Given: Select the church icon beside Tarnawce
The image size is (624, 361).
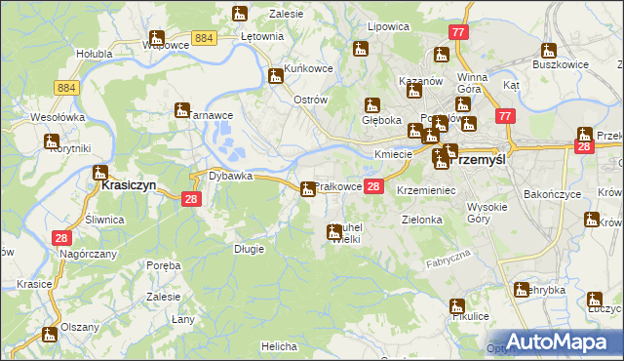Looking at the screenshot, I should point(181,110).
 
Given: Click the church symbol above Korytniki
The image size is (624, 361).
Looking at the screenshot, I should point(53,141).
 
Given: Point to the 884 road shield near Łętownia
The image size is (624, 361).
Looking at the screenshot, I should point(204,37).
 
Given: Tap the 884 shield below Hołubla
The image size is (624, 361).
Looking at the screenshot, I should point(66,88).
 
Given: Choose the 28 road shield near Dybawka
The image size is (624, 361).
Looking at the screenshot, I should point(191,198).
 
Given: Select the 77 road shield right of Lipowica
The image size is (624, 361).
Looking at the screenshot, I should point(459,32).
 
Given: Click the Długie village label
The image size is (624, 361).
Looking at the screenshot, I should point(249,249).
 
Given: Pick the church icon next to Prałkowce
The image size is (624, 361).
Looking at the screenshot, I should point(308,188).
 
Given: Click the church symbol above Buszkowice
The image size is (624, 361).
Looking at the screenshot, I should point(549,50).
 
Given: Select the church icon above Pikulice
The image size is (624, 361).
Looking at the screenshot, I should point(457,305).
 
